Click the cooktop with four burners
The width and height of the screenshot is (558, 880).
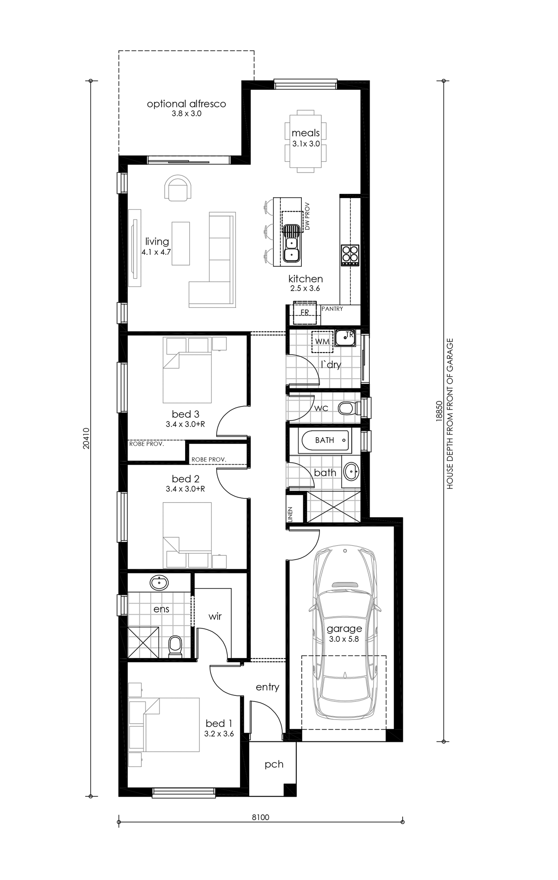tap(350, 254)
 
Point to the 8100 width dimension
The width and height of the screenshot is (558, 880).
tap(261, 817)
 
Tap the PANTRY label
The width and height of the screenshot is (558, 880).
tap(332, 309)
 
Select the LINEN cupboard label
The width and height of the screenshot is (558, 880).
tap(290, 515)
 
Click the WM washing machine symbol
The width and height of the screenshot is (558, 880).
tap(322, 341)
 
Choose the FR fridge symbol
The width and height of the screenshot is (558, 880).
tap(305, 313)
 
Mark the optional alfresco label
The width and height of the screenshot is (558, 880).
tap(186, 104)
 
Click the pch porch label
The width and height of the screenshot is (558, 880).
tap(274, 764)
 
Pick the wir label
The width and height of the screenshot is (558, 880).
tap(215, 617)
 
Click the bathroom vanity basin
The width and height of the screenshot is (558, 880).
tap(351, 472)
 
